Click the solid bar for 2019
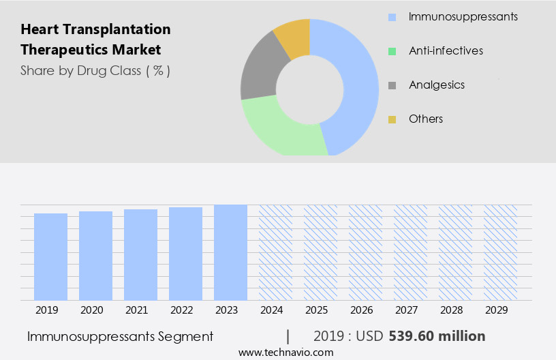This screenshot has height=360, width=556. coord(50,256)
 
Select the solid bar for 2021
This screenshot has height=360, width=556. coord(140,254)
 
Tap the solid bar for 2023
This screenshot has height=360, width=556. coord(230,252)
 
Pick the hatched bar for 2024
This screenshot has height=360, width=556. coord(275,252)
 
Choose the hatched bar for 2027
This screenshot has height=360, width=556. coord(410,252)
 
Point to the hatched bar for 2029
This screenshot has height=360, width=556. coord(500,252)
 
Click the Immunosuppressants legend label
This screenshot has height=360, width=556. coord(463,16)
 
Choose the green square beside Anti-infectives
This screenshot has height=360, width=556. coord(392,51)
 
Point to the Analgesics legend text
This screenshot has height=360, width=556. coord(436,85)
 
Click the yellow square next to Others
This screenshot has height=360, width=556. coord(392,119)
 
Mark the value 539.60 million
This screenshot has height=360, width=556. coord(437,336)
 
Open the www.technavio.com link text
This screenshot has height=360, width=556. coord(285,352)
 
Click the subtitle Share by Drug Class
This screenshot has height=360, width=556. coord(95,70)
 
